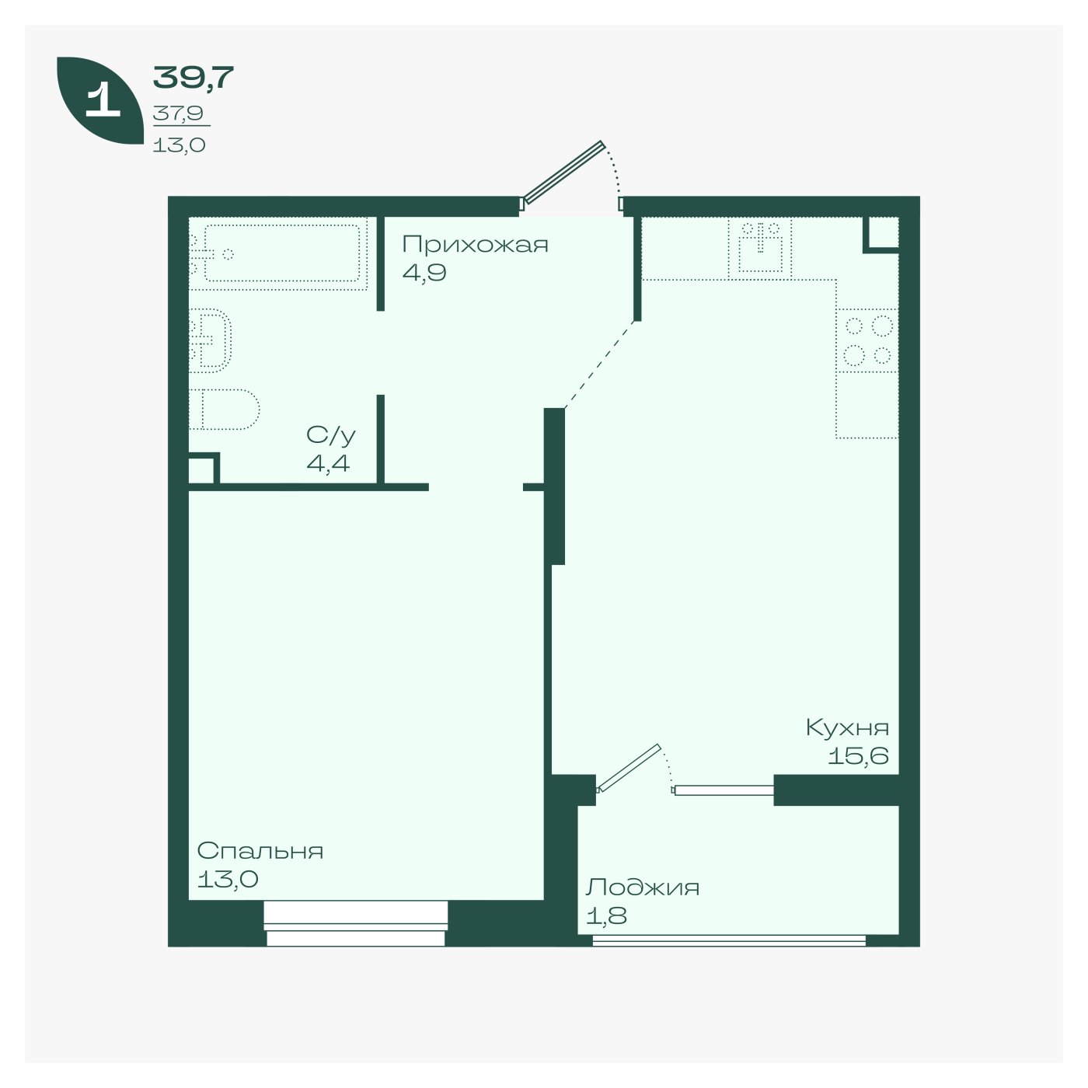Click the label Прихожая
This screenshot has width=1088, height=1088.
475,245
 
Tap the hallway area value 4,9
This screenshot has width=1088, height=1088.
424,273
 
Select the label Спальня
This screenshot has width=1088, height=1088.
260,850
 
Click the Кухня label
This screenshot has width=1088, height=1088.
847,727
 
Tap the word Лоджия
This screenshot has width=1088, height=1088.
643,887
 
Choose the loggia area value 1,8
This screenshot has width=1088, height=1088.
606,915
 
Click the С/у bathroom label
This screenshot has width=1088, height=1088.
331,435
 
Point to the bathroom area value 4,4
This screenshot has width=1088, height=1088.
328,463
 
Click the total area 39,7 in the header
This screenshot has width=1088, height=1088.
193,78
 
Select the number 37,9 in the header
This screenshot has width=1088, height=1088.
179,113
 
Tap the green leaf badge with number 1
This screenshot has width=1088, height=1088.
100,100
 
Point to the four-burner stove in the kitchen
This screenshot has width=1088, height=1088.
867,340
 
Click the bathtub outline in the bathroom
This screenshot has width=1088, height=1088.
282,253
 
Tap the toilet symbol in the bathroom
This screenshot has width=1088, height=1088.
224,409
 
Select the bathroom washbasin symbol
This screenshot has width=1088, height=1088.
210,340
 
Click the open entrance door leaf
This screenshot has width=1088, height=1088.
563,173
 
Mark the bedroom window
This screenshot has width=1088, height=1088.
356,923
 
